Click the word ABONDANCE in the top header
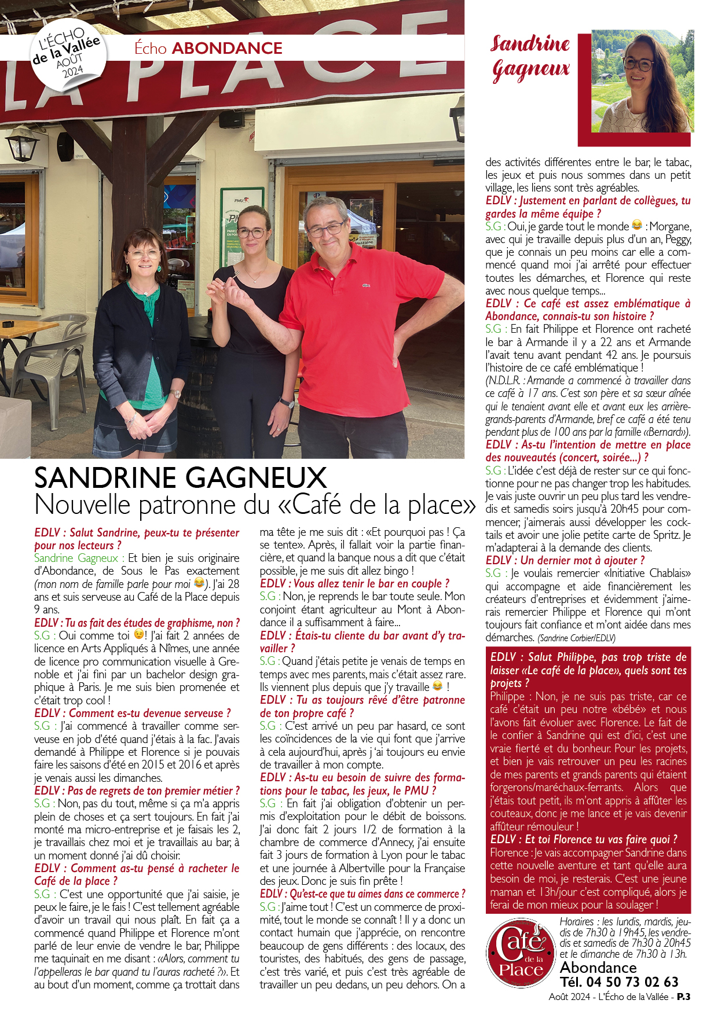[227, 48]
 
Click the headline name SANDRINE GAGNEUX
[181, 478]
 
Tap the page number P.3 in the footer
[683, 997]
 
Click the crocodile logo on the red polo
[366, 285]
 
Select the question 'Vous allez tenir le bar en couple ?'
[354, 583]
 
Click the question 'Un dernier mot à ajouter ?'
[565, 560]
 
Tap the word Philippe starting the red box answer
[507, 696]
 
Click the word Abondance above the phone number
[598, 967]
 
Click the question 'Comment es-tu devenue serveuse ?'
[133, 713]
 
